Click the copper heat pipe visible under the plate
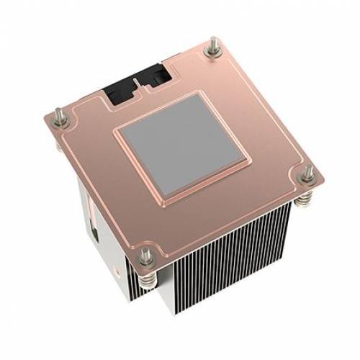[x=94, y=208]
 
